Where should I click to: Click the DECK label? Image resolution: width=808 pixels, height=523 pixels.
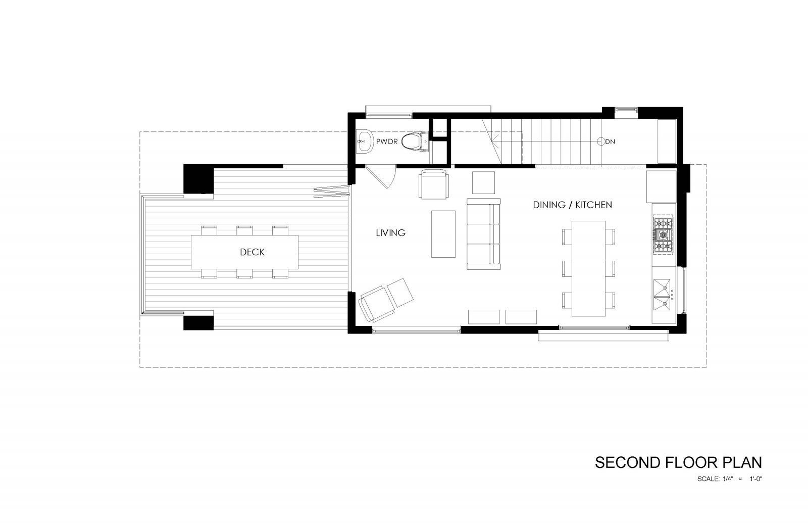(x=252, y=252)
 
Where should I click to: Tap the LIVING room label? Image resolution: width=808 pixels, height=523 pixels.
(x=390, y=233)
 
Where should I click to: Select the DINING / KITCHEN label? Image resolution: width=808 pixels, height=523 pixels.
(x=573, y=205)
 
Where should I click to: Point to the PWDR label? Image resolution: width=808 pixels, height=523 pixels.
(x=386, y=142)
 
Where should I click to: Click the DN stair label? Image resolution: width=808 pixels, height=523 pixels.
(x=611, y=142)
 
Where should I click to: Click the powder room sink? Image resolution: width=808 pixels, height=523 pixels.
(x=364, y=141)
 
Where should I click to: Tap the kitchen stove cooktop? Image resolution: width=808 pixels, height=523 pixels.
(x=663, y=234)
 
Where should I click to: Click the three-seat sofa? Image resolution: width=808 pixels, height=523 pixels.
(x=483, y=234)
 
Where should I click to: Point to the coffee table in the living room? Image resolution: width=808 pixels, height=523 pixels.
(x=443, y=234)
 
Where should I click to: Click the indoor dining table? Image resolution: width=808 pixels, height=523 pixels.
(x=588, y=268)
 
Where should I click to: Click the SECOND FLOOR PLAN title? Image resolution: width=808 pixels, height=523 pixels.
(x=678, y=462)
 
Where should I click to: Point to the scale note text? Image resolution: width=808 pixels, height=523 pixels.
(x=729, y=479)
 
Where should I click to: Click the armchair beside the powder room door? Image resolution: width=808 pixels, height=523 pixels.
(x=434, y=185)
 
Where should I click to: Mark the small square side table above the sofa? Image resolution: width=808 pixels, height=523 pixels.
(x=483, y=182)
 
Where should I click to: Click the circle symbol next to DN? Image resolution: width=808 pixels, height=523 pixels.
(x=601, y=141)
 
